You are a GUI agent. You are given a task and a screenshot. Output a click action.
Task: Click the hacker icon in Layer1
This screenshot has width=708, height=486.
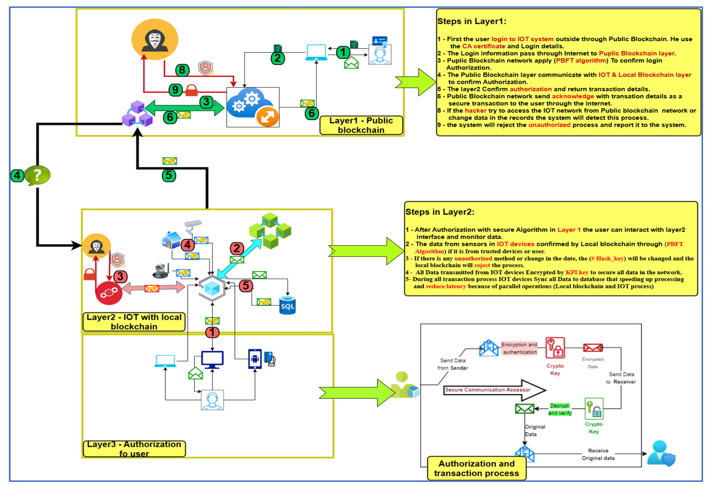coord(155,40)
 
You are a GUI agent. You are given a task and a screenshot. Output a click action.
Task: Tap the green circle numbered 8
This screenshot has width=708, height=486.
coord(182,70)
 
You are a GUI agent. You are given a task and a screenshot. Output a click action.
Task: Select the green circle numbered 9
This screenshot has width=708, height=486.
coord(176,90)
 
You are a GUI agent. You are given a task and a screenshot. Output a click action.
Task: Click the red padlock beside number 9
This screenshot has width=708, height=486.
coord(192,90)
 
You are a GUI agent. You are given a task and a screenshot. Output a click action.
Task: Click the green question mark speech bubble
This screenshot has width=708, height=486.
coord(37,175)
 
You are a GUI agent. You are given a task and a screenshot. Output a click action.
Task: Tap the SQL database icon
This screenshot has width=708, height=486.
coord(288,305)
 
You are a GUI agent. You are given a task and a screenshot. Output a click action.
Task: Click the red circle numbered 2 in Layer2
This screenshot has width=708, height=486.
coord(237,249)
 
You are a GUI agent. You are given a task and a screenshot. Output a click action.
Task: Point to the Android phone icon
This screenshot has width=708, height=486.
coord(255,359)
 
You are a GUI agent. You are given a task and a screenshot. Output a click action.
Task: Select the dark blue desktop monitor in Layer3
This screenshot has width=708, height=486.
coord(213,359)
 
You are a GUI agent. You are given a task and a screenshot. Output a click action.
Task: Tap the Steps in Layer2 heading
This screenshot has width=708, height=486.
coord(440,212)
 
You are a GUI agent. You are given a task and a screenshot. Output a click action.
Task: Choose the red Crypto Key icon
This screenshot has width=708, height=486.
coord(555,348)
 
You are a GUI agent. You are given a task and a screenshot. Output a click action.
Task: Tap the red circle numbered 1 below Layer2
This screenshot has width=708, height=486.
coord(213,332)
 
